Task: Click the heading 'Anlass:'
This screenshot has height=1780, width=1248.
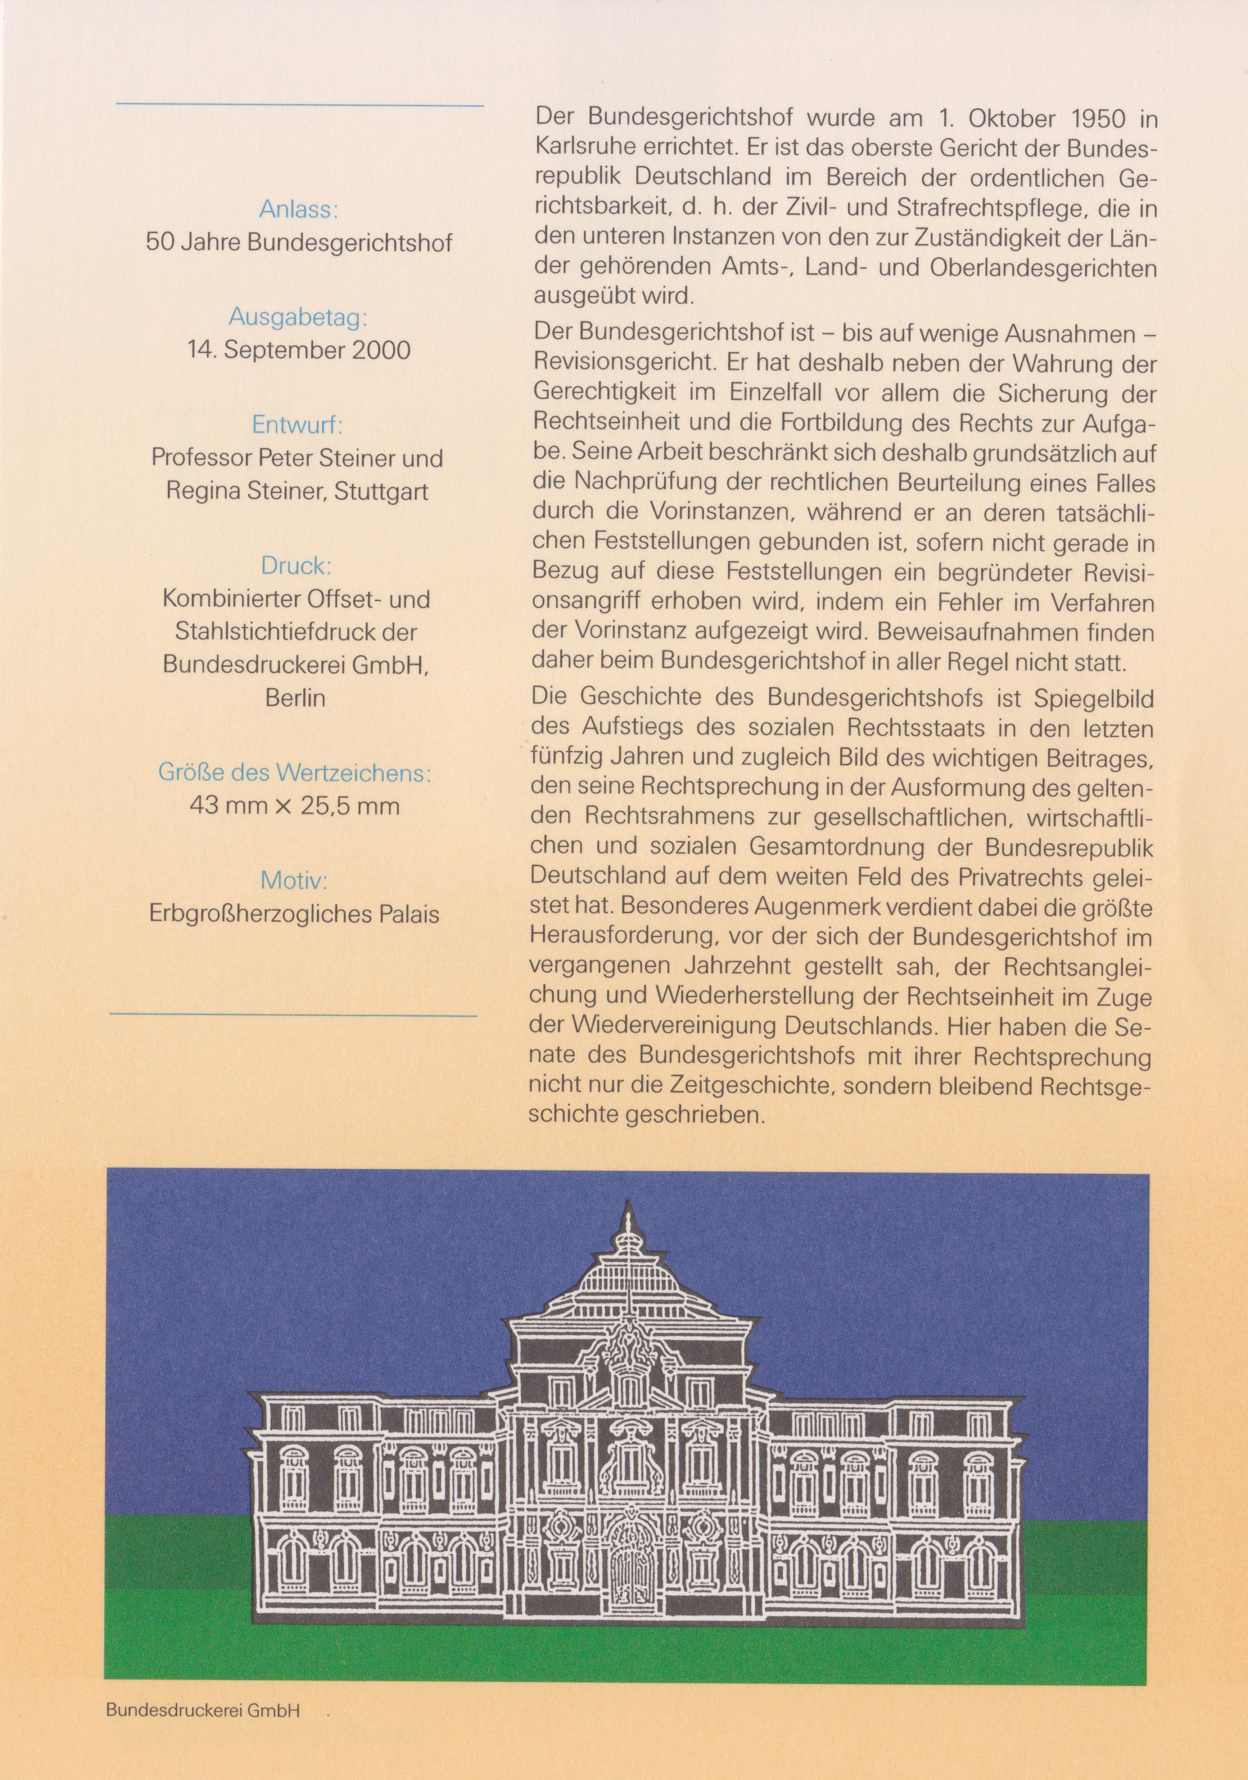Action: [298, 209]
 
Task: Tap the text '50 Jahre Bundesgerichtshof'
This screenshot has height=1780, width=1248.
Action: [298, 242]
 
